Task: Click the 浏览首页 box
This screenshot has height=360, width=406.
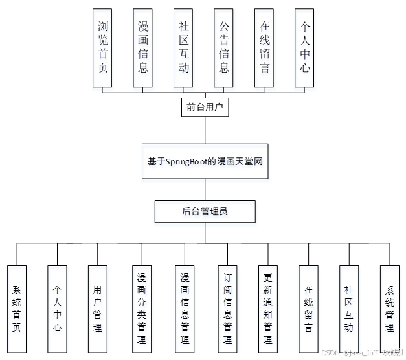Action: coord(102,48)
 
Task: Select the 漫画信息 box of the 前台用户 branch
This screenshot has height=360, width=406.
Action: coord(143,48)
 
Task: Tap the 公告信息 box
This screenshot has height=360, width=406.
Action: coord(224,48)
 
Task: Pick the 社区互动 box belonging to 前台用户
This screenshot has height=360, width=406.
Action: coord(184,48)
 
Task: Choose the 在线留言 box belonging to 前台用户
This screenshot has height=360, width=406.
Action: coord(264,48)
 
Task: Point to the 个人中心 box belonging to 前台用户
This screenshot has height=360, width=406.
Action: coord(305,48)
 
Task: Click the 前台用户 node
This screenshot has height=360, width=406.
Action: coord(205,107)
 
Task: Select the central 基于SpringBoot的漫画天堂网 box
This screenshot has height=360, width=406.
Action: coord(205,161)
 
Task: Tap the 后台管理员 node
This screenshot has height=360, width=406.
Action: coord(205,211)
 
